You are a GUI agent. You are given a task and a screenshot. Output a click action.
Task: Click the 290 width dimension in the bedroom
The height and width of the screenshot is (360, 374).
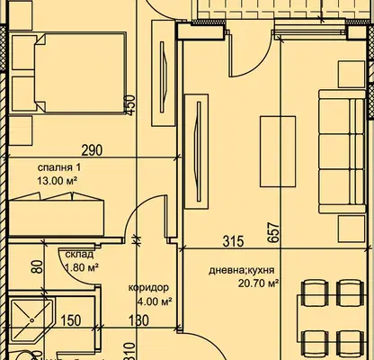[93, 150]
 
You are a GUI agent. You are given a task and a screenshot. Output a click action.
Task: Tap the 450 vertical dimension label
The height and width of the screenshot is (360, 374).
[131, 104]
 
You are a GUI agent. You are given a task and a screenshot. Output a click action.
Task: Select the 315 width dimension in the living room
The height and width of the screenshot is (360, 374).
[234, 241]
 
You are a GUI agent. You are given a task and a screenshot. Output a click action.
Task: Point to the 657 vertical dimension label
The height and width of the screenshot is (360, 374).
[274, 232]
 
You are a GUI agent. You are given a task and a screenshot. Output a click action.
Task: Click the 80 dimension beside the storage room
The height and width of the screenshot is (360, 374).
[38, 266]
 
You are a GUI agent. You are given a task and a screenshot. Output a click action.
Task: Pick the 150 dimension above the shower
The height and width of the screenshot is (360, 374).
[71, 320]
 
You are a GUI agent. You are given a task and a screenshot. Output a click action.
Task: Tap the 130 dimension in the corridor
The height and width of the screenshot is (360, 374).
[138, 320]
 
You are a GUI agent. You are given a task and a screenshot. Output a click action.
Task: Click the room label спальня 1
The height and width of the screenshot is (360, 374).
[59, 167]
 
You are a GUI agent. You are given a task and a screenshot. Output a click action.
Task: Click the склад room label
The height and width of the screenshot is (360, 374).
[79, 255]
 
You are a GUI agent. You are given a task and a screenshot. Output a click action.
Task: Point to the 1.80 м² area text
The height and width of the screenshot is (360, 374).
[82, 267]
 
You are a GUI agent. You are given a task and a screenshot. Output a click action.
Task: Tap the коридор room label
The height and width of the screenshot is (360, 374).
[148, 288]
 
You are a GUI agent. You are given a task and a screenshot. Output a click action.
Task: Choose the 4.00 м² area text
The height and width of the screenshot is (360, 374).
[155, 301]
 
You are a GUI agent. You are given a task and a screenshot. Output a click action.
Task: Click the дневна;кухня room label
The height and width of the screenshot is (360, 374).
[242, 270]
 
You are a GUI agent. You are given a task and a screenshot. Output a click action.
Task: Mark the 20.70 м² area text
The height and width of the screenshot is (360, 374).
[258, 283]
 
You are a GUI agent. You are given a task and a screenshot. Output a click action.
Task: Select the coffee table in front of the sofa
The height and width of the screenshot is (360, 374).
[278, 151]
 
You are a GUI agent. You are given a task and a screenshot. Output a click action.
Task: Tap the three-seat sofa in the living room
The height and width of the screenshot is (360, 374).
[343, 152]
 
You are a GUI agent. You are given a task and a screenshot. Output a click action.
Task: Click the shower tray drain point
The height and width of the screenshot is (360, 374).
[31, 320]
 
